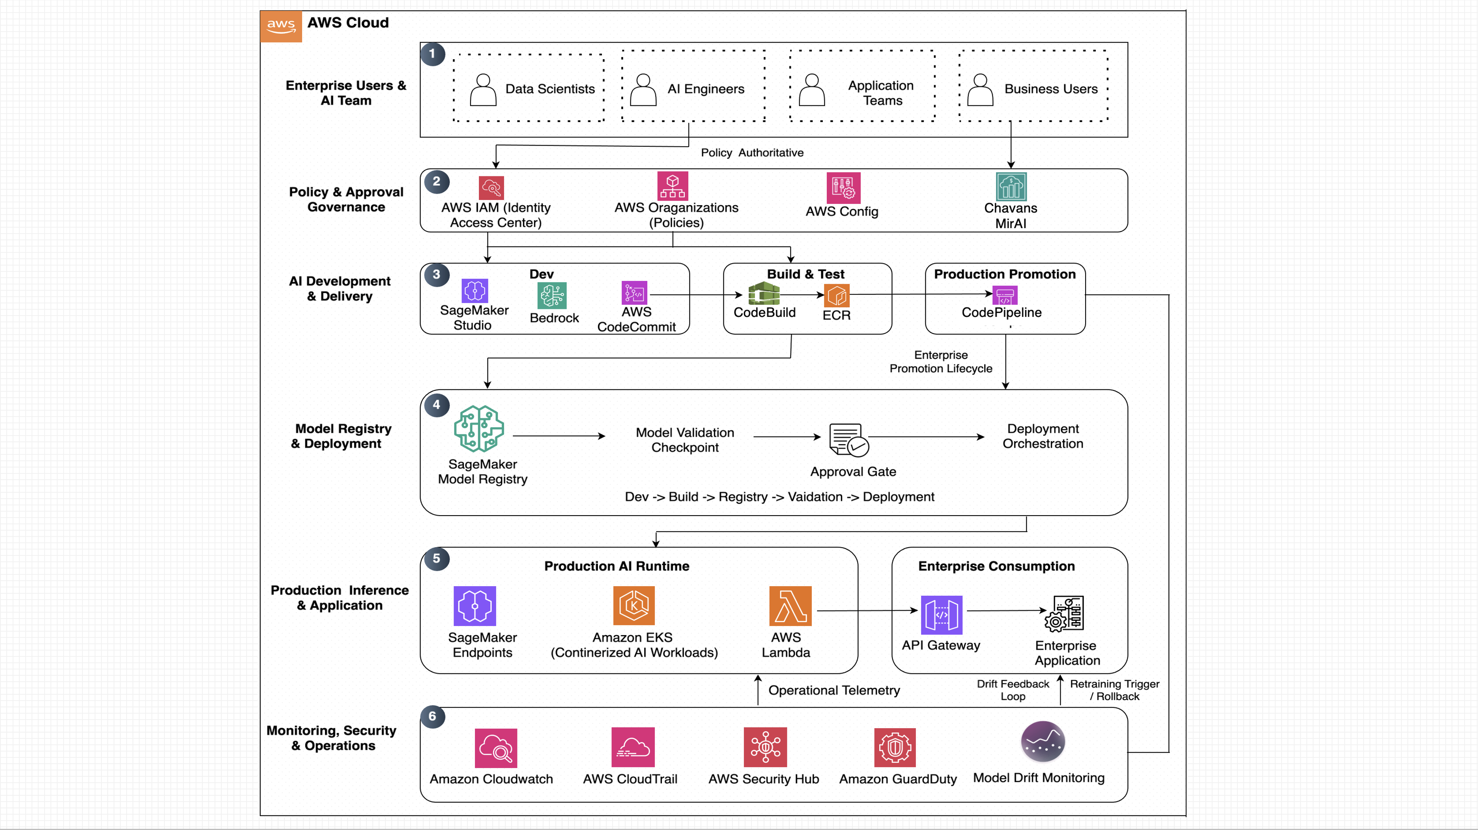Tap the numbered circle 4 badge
(437, 405)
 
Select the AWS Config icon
(843, 188)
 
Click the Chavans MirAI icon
(1011, 187)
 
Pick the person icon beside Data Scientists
(483, 90)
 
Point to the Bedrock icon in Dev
(552, 295)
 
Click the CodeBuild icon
(764, 294)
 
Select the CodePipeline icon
(1005, 295)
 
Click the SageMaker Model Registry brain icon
(479, 429)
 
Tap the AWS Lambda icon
(790, 606)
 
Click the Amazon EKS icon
(633, 606)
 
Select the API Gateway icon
(942, 615)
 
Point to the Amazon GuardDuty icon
(895, 747)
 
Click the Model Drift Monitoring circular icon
(1043, 742)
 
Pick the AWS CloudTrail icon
(633, 747)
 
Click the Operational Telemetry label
(834, 690)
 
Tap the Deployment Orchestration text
(1043, 436)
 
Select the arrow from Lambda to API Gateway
(867, 610)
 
